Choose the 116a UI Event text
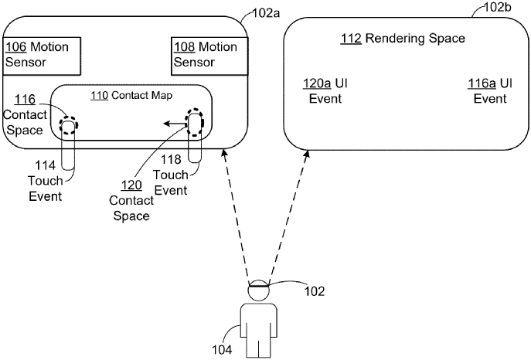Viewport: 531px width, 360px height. tap(489, 90)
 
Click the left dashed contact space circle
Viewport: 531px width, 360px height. tap(69, 124)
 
